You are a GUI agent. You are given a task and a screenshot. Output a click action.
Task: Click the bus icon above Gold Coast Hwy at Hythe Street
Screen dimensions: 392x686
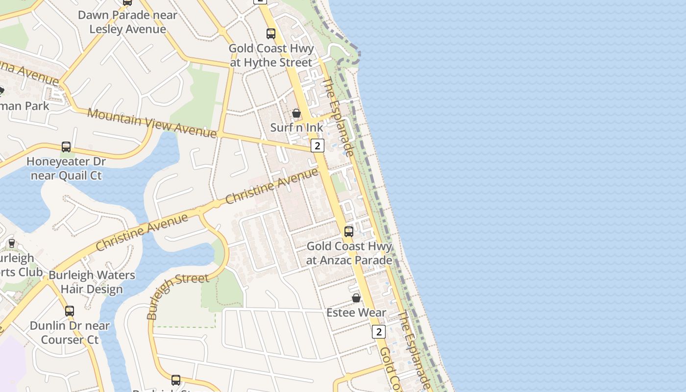(x=271, y=34)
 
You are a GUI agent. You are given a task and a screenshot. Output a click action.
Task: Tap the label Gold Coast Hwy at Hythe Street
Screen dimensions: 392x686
(x=271, y=56)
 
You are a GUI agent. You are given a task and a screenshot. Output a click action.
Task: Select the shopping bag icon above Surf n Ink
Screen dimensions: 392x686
(x=296, y=114)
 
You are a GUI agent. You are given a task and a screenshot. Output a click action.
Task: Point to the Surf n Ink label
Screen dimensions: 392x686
(x=297, y=128)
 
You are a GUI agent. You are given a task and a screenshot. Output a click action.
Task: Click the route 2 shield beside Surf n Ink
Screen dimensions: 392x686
(x=318, y=146)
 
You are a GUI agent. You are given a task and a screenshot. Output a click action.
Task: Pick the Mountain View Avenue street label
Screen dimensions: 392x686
(x=152, y=122)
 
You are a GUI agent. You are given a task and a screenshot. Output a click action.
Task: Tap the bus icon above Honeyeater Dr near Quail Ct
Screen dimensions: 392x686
(x=66, y=147)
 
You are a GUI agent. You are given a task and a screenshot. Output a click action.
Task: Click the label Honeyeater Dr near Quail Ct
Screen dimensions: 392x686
(x=66, y=169)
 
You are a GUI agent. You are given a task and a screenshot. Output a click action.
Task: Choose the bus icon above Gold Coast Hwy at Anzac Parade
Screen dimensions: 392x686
(x=349, y=232)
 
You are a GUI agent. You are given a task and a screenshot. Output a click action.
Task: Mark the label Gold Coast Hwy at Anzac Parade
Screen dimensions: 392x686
(x=349, y=253)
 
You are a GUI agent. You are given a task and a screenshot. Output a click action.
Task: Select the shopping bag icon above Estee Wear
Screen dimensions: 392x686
(x=356, y=298)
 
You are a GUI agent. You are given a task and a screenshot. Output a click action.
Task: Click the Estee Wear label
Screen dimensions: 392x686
(x=356, y=313)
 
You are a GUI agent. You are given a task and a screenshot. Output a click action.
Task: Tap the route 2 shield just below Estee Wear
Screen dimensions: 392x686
(x=378, y=332)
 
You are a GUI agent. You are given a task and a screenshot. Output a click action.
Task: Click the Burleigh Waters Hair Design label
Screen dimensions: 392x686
(x=92, y=282)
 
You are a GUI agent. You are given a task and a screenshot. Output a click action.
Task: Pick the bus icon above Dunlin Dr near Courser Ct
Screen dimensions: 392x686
(x=70, y=311)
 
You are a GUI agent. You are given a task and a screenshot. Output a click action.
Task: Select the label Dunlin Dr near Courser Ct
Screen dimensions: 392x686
(x=70, y=333)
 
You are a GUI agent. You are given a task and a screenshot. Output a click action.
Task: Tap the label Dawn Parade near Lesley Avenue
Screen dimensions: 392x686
(x=127, y=22)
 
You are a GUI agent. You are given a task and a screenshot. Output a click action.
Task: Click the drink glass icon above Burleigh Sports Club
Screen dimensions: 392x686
(x=12, y=243)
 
